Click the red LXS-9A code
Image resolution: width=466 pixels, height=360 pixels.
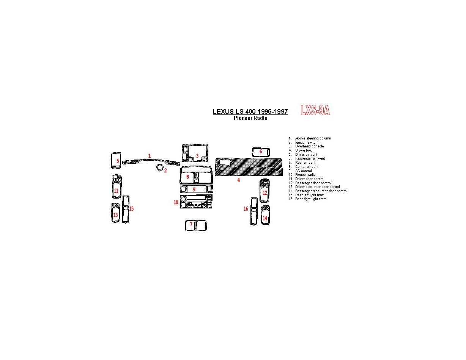click(315, 110)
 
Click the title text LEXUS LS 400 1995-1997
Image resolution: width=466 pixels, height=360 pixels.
click(250, 112)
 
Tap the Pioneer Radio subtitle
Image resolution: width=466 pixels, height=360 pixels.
click(250, 118)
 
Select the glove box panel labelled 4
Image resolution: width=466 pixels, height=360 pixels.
click(249, 167)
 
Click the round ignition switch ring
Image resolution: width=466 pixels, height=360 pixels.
click(160, 167)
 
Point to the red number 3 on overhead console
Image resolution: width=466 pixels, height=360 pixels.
click(197, 156)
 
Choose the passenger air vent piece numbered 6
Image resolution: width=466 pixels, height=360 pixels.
click(261, 152)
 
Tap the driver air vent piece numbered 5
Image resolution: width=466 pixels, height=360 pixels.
click(116, 161)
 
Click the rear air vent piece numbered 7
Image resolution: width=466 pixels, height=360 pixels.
click(196, 225)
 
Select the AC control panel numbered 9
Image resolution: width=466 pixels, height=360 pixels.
click(197, 189)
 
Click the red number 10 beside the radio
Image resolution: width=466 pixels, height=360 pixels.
click(176, 202)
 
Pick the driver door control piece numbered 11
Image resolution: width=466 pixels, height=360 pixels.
click(116, 186)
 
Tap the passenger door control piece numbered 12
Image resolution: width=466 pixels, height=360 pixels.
click(264, 191)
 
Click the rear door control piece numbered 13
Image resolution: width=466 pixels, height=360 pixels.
click(115, 213)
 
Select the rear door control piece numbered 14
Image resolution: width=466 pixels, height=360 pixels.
click(265, 215)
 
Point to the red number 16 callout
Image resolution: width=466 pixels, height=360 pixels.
click(246, 209)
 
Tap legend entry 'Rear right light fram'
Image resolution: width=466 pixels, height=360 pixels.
click(310, 199)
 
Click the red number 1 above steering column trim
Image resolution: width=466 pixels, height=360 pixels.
click(150, 156)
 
